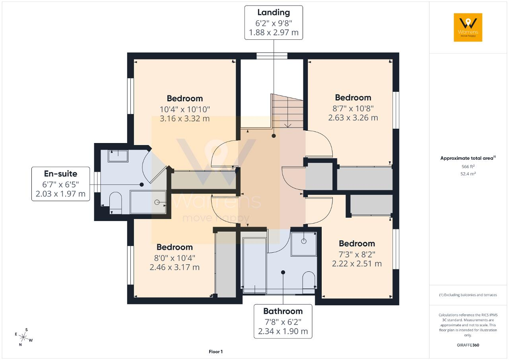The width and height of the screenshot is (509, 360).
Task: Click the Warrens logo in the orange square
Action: (468, 27)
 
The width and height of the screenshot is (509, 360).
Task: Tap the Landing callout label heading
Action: (274, 12)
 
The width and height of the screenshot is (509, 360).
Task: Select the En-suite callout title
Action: (61, 174)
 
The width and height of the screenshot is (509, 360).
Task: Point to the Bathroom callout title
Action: (283, 311)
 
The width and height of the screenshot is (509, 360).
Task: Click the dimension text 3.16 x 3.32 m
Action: (185, 118)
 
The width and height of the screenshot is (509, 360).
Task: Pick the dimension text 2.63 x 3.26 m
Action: (353, 118)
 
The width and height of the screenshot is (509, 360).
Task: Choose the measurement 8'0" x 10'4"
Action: (175, 258)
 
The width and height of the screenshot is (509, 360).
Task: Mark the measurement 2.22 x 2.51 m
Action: (357, 263)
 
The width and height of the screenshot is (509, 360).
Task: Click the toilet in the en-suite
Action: (116, 203)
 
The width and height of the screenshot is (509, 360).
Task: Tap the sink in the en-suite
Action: (118, 156)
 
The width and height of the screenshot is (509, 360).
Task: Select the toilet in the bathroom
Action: (309, 280)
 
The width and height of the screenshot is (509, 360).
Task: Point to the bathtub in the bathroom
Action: (255, 265)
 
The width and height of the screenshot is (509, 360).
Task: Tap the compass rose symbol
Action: (23, 337)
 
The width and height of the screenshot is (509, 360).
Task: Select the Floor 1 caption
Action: (216, 352)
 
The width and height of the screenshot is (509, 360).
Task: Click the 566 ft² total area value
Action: (468, 166)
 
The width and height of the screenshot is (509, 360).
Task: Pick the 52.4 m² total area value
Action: (468, 174)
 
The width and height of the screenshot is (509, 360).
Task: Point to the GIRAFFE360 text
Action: (468, 345)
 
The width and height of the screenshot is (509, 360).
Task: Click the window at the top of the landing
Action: (272, 56)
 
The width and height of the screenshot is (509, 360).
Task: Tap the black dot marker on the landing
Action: (274, 136)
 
